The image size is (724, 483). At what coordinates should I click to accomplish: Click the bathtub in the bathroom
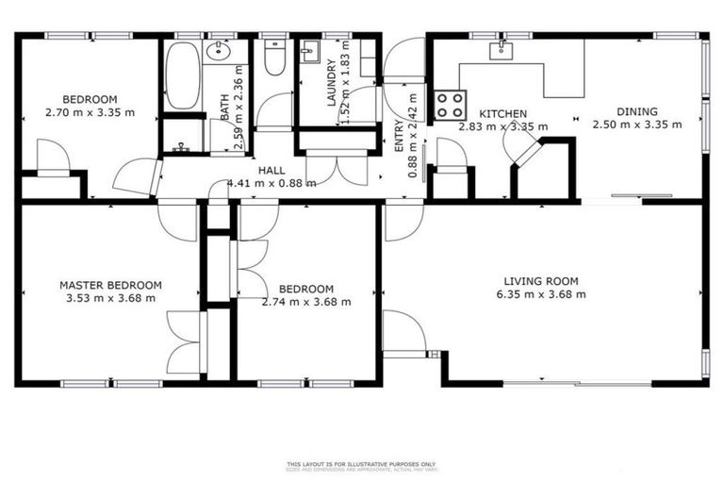pos(182,75)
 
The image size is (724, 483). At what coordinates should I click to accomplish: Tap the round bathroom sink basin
pos(218,53)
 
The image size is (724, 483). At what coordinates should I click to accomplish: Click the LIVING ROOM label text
pos(540,281)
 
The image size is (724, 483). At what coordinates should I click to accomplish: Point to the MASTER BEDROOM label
pos(109,285)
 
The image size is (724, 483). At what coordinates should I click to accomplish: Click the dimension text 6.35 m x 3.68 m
pos(540,294)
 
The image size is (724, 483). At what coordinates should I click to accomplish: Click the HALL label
pos(271,171)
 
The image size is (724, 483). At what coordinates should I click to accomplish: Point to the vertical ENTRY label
pos(398,139)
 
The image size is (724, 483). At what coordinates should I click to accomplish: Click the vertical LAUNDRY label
pos(331,82)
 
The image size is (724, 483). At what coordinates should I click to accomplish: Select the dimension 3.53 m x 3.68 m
pos(109,298)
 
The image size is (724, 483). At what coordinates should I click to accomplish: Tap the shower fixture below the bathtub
pos(183,146)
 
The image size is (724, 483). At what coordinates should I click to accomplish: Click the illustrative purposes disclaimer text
pos(362,464)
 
